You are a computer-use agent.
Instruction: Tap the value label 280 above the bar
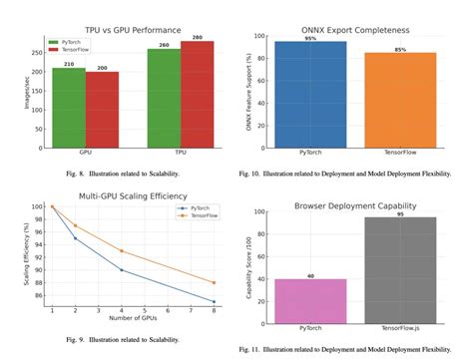click(197, 38)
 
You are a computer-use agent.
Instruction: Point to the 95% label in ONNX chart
click(310, 38)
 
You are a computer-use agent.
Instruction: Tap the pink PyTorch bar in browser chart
click(310, 300)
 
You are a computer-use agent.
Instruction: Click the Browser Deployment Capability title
click(355, 206)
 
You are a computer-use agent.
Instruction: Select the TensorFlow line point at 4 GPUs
click(121, 250)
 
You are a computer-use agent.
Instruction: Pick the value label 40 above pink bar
click(310, 275)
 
